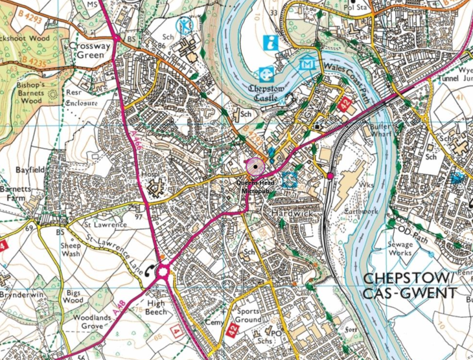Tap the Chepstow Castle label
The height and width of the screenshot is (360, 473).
(267, 93)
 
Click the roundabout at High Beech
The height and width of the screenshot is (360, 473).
(163, 271)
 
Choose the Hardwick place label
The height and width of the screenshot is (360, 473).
(292, 213)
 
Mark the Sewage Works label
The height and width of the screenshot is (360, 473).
(400, 249)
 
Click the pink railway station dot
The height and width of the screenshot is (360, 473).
(330, 175)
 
